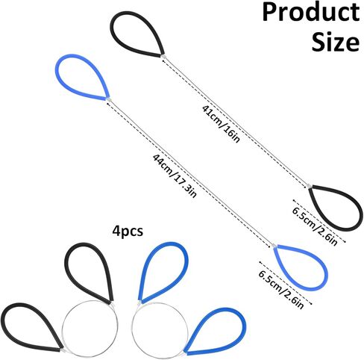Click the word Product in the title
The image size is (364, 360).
[311, 13]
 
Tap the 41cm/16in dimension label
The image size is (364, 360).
[221, 124]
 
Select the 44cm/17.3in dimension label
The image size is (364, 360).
[175, 176]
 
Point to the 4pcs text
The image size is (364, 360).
[128, 232]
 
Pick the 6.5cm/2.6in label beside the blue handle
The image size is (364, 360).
[281, 290]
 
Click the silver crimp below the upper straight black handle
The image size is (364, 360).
[163, 57]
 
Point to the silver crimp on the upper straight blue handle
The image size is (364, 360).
[108, 99]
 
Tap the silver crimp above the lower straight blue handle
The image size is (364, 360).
[273, 246]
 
